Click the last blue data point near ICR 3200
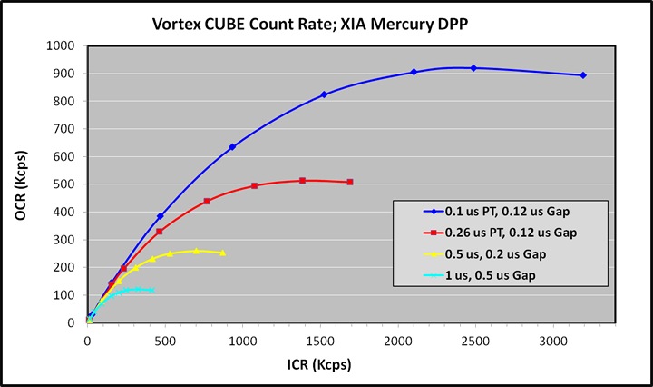click(x=582, y=75)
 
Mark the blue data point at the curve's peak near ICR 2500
click(x=473, y=68)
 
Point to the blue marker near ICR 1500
click(x=324, y=94)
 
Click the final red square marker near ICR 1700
click(x=349, y=183)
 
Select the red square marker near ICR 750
click(x=207, y=201)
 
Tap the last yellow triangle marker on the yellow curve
click(x=222, y=253)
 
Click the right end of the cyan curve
click(x=151, y=290)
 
